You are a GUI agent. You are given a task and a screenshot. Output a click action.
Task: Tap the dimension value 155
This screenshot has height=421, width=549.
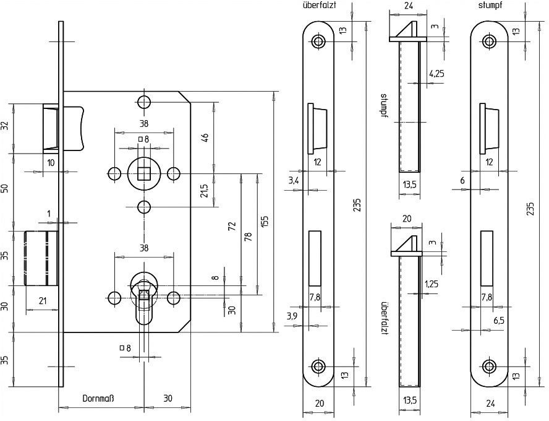[x=264, y=222]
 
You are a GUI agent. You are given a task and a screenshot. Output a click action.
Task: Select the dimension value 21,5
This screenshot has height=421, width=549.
[x=204, y=190]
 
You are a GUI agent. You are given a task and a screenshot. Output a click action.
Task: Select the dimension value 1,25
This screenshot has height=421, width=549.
[x=432, y=284]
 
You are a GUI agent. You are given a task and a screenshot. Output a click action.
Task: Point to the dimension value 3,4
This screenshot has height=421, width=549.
[x=294, y=180]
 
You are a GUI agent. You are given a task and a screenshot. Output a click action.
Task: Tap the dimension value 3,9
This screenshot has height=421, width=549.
[x=294, y=316]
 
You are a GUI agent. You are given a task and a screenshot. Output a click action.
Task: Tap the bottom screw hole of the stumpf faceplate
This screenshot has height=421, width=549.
[x=490, y=366]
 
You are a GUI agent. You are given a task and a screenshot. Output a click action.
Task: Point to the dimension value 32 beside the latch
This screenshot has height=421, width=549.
[x=5, y=126]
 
